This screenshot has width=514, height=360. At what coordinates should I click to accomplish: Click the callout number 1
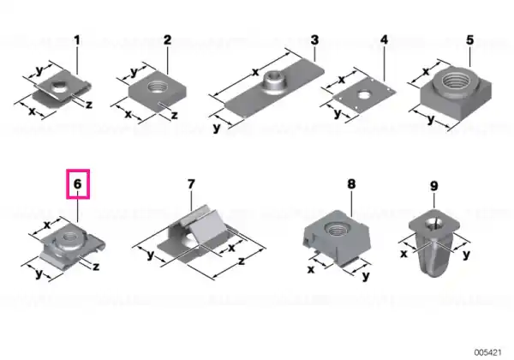pos(77,40)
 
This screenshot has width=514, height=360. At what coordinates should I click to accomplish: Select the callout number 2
pos(167,40)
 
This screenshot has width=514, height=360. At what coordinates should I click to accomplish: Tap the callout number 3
pos(314,40)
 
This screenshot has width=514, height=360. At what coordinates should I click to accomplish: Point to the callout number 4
pos(384,39)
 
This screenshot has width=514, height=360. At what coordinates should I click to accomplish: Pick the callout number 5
pos(470,40)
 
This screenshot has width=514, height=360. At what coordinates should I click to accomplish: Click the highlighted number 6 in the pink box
pos(77,183)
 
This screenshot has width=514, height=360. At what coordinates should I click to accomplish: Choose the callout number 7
pos(191,183)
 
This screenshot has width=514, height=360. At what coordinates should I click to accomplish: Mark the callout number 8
pos(351,184)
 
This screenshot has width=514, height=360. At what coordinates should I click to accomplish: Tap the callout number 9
pos(433,186)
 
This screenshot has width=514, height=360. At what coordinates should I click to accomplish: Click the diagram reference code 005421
pos(487,352)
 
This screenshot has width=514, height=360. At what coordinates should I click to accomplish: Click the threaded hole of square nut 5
pos(456,80)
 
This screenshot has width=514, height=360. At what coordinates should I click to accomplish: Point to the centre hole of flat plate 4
pos(363,95)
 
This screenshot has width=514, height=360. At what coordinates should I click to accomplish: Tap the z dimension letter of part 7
pos(242,261)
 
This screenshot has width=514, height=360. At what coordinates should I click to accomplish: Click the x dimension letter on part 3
pos(255,72)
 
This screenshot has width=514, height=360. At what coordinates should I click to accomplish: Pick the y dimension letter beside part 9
pos(466,254)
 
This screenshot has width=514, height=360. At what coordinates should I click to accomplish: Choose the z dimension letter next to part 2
pos(175,115)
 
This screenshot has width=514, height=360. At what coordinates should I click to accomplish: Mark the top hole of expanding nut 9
pos(433,225)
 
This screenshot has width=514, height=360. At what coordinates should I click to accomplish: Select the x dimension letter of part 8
pos(311,269)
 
